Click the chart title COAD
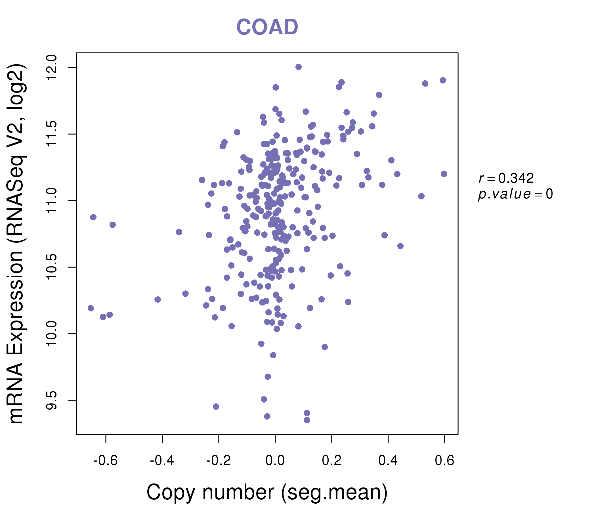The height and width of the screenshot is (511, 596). coord(267,27)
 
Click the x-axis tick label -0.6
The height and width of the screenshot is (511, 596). coord(106,460)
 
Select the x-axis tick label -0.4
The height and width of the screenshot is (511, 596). coord(162,460)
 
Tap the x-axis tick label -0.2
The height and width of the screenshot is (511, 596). coord(219,460)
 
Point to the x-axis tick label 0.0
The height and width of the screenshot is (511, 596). coord(275,460)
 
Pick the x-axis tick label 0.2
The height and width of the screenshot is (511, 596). coord(332,460)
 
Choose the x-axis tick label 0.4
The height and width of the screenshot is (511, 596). coord(388,460)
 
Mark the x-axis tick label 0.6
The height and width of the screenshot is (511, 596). coord(444,460)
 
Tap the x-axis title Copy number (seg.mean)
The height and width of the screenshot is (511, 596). coord(267,492)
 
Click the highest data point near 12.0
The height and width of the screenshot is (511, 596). coord(299,67)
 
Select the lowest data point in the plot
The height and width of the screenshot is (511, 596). coord(307,420)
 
